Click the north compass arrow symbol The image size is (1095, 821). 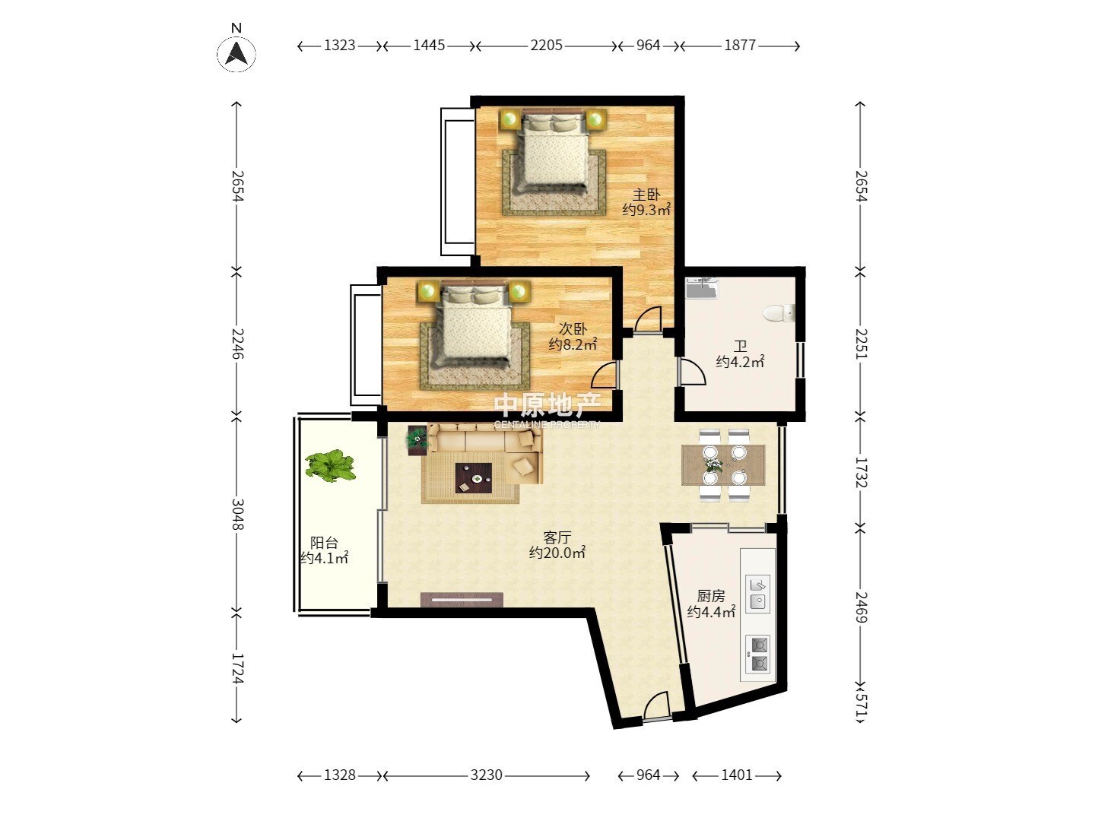(x=236, y=53)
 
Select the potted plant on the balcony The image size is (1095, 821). (x=330, y=465)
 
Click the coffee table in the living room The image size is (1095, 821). (x=474, y=478)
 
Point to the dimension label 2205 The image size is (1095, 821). (x=546, y=46)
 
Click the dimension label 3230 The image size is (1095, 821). (x=487, y=775)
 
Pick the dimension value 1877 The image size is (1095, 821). (x=740, y=46)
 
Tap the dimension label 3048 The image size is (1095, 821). (x=237, y=514)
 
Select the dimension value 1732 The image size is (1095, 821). (x=861, y=472)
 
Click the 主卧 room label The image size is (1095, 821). (x=646, y=195)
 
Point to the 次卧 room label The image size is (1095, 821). (x=573, y=328)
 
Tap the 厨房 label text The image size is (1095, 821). (x=711, y=596)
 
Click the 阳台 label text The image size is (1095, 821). (x=324, y=542)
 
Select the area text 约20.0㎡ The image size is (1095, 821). (x=557, y=553)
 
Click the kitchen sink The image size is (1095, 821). (x=758, y=594)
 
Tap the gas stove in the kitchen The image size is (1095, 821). (x=758, y=654)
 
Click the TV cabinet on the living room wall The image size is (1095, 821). (x=462, y=600)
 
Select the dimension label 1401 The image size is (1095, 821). (x=736, y=775)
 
